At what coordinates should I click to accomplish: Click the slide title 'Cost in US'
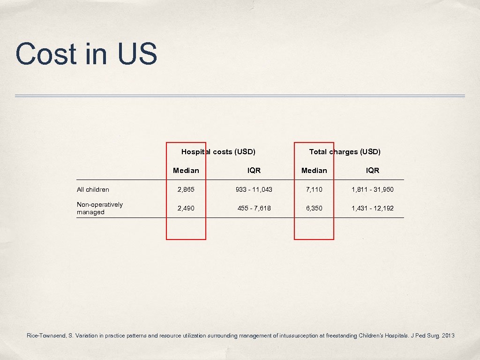86,54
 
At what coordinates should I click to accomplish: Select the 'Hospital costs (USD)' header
218,151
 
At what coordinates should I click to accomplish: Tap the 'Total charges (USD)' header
345,151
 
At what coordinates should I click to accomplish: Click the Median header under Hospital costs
186,170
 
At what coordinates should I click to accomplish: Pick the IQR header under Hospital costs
254,170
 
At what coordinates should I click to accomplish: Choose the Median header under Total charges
314,170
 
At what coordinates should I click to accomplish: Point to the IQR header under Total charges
373,170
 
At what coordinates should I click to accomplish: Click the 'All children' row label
93,189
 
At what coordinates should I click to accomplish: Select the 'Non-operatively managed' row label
99,208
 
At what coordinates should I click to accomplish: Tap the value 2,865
186,189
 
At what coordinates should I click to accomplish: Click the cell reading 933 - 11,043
254,189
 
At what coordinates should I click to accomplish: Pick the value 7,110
314,189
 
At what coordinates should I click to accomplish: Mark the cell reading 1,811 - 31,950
373,189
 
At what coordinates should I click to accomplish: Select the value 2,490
186,208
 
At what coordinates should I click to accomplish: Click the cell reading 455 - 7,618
254,208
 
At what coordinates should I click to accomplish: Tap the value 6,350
314,208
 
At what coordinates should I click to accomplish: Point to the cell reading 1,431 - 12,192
373,208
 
